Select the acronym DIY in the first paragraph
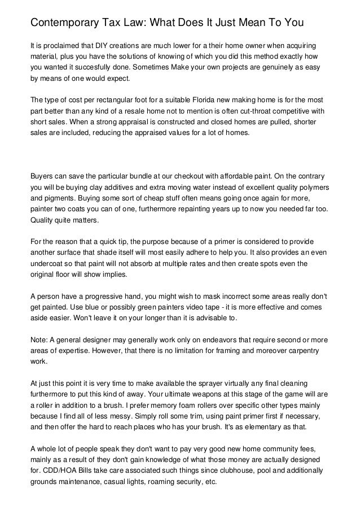click(x=93, y=45)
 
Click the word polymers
click(x=314, y=188)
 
